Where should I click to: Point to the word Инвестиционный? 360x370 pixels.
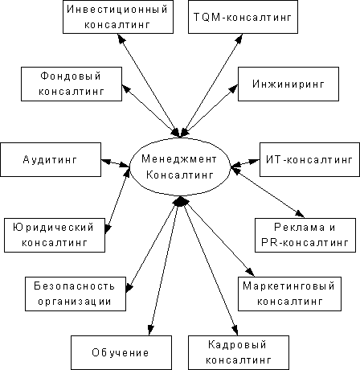(x=117, y=10)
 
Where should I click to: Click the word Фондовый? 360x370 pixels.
(x=71, y=76)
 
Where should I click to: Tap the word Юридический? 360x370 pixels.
(x=53, y=228)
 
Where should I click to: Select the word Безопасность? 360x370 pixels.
(x=74, y=286)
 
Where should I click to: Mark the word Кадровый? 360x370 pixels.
(x=237, y=345)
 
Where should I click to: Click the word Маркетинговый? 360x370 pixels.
(x=288, y=286)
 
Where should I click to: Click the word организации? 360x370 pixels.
(x=75, y=302)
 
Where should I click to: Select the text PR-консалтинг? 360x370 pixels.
(x=305, y=243)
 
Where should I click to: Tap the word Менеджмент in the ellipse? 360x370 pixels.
(x=179, y=159)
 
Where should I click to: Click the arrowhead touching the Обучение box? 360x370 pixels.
(x=151, y=330)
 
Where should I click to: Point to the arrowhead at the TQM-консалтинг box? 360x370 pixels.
(x=239, y=39)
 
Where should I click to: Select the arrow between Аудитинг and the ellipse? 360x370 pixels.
(x=116, y=163)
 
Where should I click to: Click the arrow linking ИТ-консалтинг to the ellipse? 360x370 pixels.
(x=245, y=163)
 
